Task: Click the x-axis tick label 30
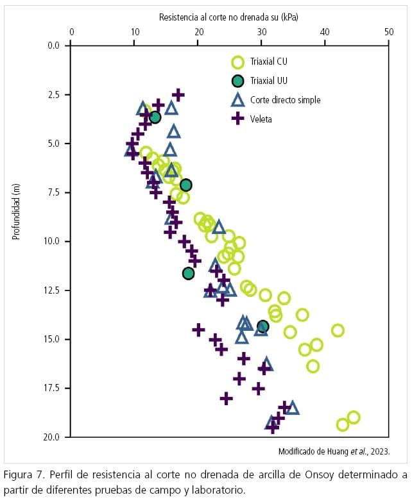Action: tap(261, 31)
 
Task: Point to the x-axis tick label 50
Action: tap(388, 31)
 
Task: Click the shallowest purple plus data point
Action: tap(178, 95)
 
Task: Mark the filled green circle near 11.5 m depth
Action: tap(188, 273)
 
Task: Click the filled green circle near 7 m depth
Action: tap(185, 185)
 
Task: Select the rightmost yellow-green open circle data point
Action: tap(353, 417)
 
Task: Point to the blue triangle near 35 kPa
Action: tap(293, 408)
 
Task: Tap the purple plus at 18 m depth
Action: tap(226, 398)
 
